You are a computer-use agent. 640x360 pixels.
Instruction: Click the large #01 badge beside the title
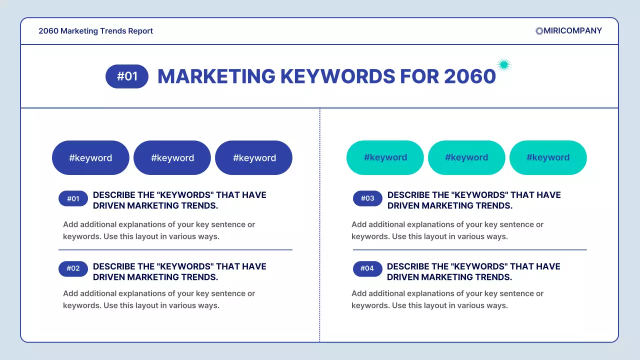click(127, 76)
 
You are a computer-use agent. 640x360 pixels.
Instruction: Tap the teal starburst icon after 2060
click(504, 64)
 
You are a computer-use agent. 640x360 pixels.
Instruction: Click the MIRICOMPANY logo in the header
click(568, 30)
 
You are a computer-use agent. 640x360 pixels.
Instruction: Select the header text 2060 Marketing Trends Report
click(95, 31)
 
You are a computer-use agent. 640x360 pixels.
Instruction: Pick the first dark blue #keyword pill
click(90, 158)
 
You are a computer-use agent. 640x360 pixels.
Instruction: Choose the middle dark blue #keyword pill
click(172, 158)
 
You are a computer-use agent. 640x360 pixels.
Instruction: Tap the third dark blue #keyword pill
click(253, 158)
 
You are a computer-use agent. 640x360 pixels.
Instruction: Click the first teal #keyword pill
click(385, 157)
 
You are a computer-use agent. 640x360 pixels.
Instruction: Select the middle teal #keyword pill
click(466, 157)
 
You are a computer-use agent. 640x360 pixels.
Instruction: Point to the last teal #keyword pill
click(548, 157)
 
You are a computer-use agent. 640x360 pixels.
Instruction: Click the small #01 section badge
click(73, 198)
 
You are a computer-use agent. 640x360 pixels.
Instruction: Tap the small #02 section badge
click(73, 268)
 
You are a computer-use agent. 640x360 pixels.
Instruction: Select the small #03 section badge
click(367, 198)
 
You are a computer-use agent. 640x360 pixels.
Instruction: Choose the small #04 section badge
click(367, 268)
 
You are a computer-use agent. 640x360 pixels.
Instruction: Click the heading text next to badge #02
click(179, 271)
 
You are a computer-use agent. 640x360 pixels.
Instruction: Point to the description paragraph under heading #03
click(447, 230)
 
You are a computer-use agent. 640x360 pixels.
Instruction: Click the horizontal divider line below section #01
click(175, 249)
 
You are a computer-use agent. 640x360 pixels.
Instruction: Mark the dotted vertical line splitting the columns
click(319, 225)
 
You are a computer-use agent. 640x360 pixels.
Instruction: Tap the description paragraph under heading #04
click(447, 299)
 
